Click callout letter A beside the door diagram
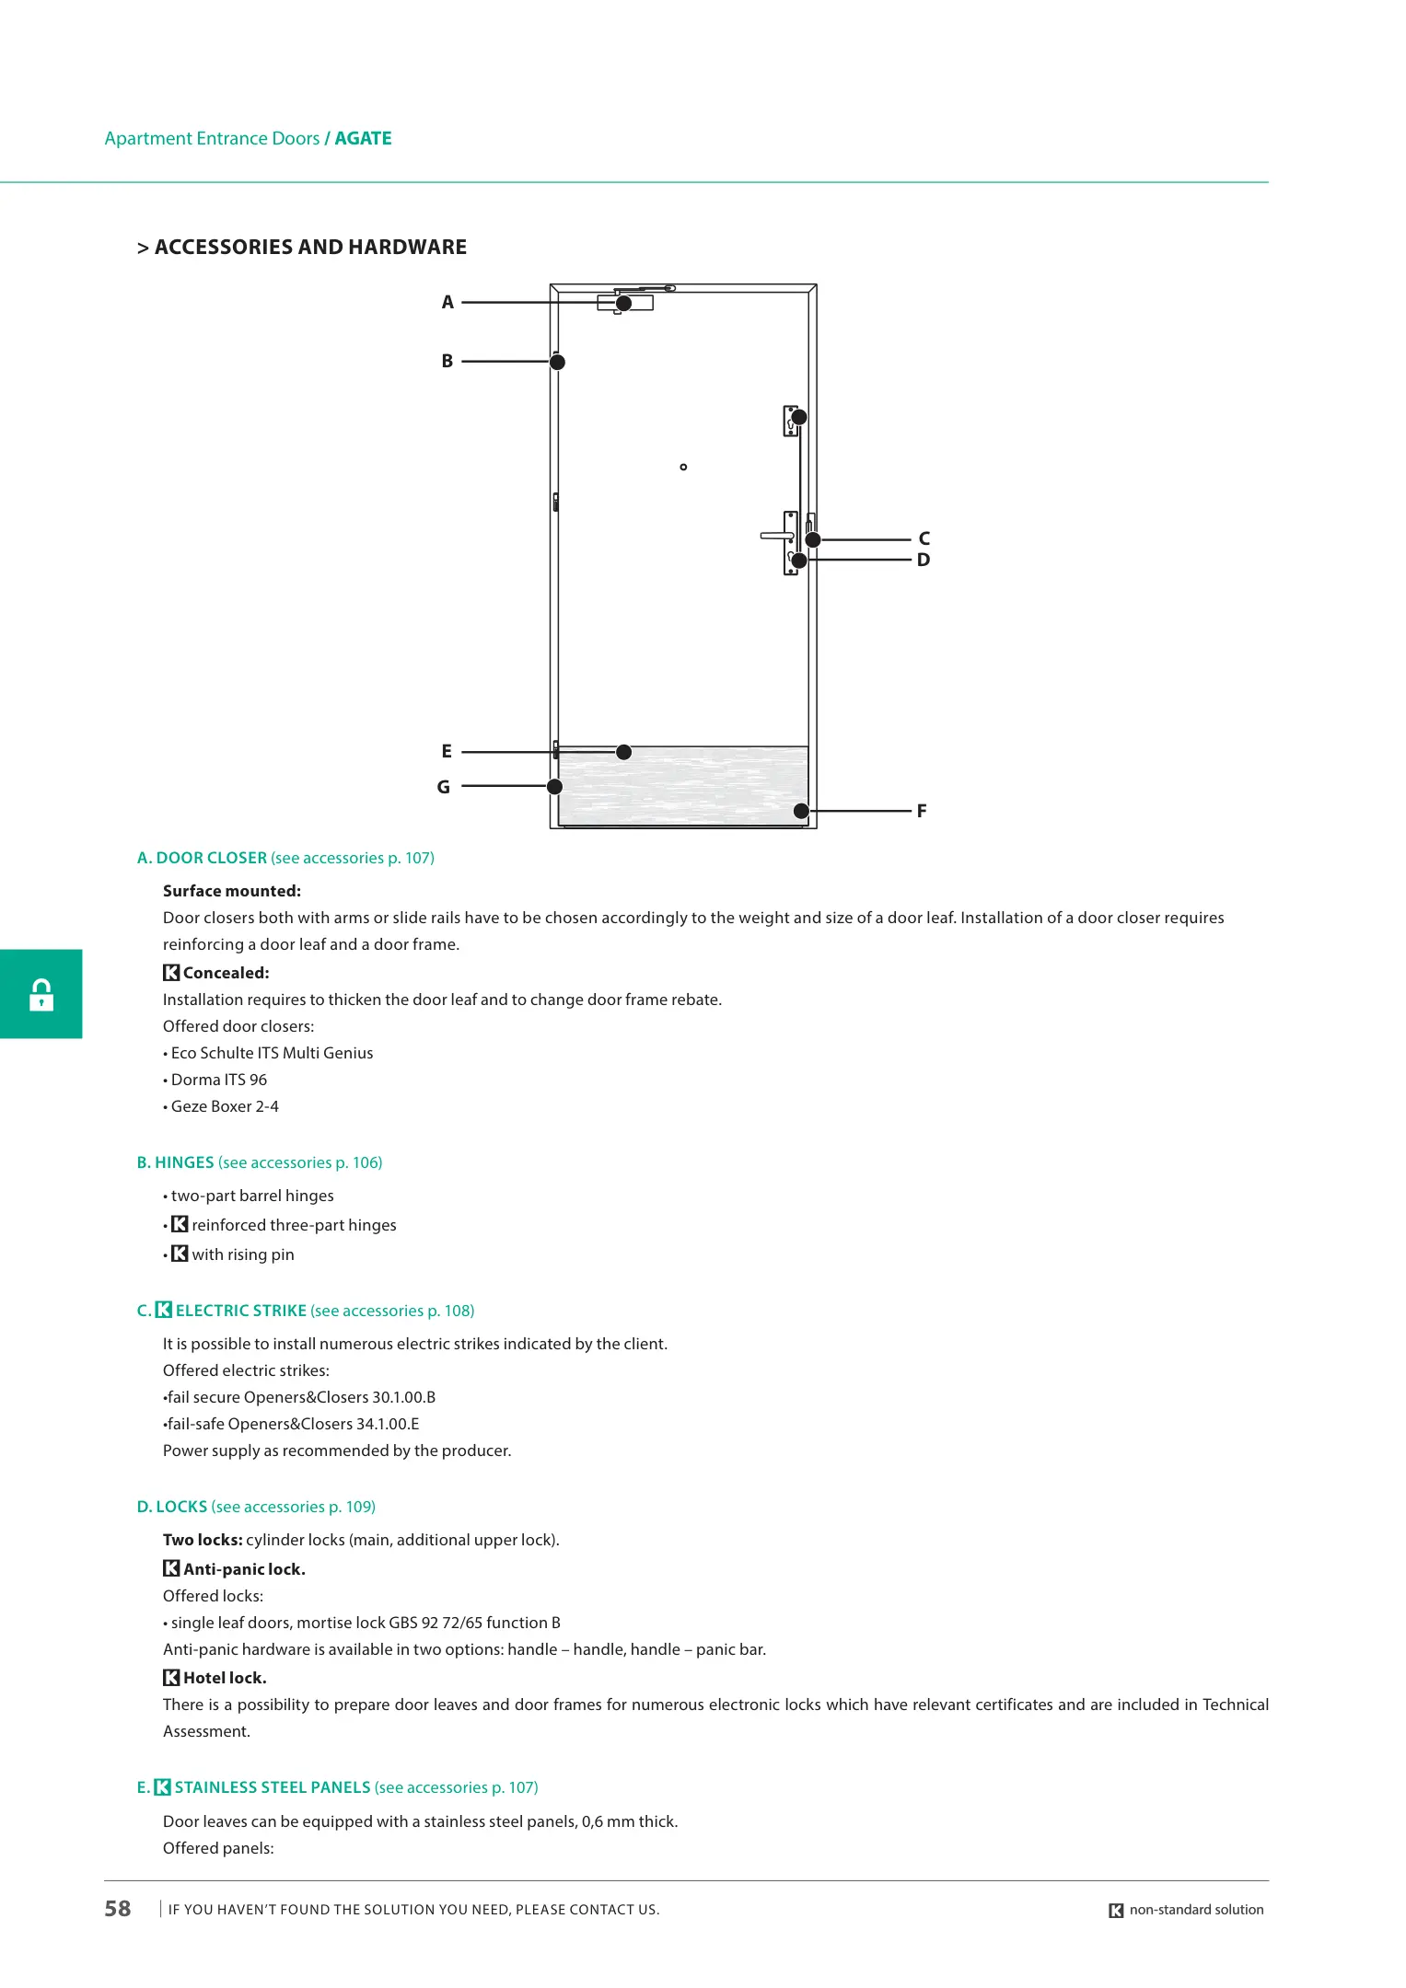[x=447, y=303]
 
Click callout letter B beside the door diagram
[x=447, y=362]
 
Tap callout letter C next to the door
[x=924, y=539]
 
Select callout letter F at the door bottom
[x=922, y=811]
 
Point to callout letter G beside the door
[x=444, y=787]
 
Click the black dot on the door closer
[x=623, y=304]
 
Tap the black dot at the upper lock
[x=799, y=418]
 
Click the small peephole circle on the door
[x=683, y=468]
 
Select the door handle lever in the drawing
[x=776, y=536]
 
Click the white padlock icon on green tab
[x=41, y=995]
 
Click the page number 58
[x=118, y=1909]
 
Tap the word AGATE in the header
[x=363, y=139]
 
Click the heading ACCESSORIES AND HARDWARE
[x=310, y=248]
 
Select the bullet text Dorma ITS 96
[x=219, y=1080]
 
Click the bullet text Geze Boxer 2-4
[x=225, y=1106]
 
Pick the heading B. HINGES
[x=175, y=1162]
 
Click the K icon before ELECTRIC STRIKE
[x=164, y=1310]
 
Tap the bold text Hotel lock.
[x=225, y=1678]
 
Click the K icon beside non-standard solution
[x=1116, y=1911]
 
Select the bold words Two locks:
[x=203, y=1540]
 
